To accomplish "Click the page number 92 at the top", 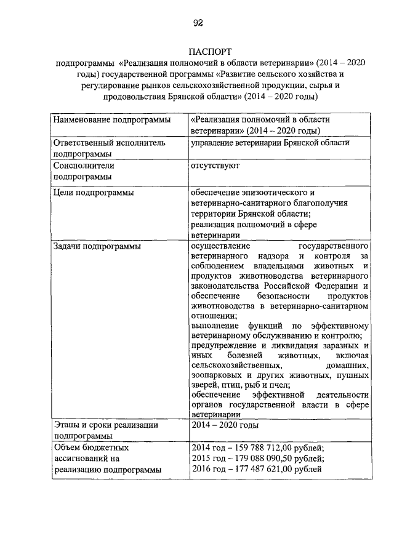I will pyautogui.click(x=197, y=23).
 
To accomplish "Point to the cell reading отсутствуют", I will pyautogui.click(x=215, y=166).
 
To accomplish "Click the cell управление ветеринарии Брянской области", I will pyautogui.click(x=270, y=142).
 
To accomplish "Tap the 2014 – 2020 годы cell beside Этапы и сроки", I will pyautogui.click(x=225, y=425).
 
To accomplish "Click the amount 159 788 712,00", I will pyautogui.click(x=262, y=448).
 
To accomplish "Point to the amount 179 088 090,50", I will pyautogui.click(x=262, y=459).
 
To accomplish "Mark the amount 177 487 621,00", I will pyautogui.click(x=262, y=470).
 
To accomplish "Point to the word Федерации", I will pyautogui.click(x=337, y=286).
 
